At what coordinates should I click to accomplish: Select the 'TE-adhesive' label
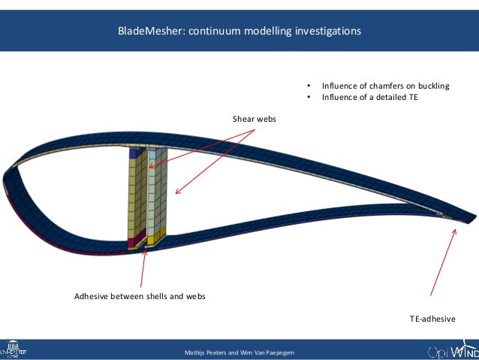[432, 319]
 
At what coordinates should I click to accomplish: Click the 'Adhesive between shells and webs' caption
[140, 296]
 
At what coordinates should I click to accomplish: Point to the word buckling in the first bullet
[432, 86]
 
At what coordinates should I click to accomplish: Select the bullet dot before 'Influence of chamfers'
[308, 86]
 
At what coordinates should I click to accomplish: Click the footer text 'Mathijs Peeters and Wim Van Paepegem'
[239, 352]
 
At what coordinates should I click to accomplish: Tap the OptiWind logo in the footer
[451, 351]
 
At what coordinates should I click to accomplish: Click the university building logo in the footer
[14, 350]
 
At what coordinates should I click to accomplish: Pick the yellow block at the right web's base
[155, 241]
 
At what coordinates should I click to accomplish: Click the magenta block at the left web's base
[136, 242]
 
